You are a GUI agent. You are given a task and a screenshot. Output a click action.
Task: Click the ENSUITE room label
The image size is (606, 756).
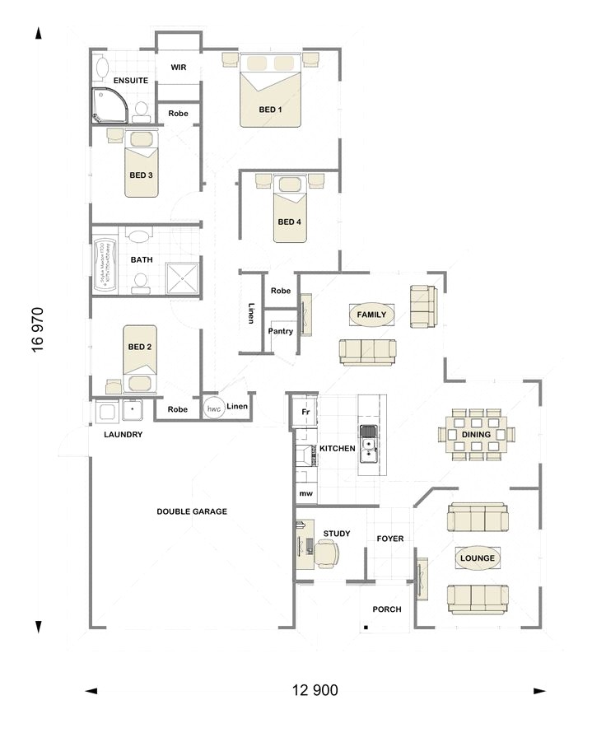coord(131,81)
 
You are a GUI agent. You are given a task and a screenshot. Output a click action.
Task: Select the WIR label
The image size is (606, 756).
coord(179,67)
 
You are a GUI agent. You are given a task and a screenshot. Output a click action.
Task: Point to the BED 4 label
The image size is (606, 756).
coord(289,222)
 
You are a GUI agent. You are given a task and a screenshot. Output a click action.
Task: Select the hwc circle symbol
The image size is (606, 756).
coord(214,408)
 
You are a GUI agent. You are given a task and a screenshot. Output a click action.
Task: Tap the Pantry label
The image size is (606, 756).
coord(280,331)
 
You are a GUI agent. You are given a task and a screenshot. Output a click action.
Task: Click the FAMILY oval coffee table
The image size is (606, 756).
coord(371,315)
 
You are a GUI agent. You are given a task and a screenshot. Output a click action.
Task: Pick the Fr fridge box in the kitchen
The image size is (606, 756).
coord(304,412)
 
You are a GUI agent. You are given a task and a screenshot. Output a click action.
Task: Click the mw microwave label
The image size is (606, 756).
coord(305,493)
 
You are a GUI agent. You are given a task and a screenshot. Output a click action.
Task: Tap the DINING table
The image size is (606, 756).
coord(476,434)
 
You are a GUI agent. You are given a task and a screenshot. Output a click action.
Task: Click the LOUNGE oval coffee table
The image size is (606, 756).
coord(478,558)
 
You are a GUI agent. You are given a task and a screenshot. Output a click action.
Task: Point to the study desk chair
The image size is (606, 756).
coord(325,556)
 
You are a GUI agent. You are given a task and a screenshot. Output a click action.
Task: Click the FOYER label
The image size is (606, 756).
coord(390,539)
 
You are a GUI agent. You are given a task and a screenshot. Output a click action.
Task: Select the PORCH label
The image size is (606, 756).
coord(387,609)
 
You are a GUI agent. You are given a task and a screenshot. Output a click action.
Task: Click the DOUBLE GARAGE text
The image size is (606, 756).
coord(192,511)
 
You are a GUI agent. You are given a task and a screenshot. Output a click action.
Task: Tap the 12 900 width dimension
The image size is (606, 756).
coord(315,690)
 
